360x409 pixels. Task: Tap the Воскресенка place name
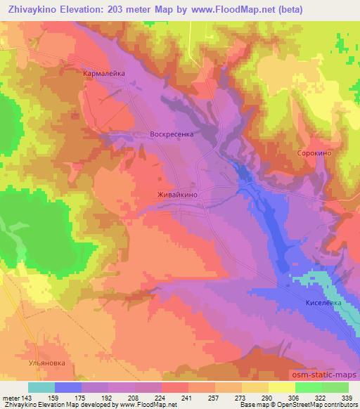pos(172,133)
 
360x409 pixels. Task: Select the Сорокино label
pos(314,152)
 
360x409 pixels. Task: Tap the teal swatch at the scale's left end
pos(41,387)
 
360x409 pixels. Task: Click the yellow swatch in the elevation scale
pos(281,387)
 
